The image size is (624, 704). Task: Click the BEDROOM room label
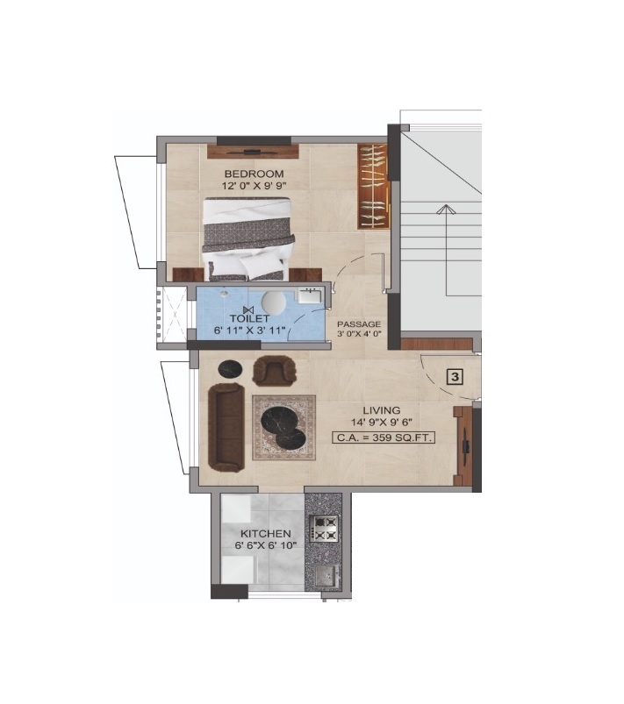(254, 174)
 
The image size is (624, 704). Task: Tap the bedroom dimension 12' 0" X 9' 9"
(254, 186)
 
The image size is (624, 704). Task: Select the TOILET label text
(249, 319)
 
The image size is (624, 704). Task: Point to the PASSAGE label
(359, 324)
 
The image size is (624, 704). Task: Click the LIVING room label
(382, 410)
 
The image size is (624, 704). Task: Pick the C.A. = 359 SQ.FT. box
(384, 437)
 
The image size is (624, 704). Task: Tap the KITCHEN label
(266, 534)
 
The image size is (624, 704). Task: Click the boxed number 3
(455, 377)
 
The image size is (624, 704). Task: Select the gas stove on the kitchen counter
(324, 528)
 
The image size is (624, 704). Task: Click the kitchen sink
(326, 576)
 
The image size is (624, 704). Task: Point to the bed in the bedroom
(247, 239)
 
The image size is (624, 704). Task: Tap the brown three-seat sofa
(226, 427)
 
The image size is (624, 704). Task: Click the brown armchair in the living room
(275, 370)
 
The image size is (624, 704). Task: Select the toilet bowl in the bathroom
(273, 302)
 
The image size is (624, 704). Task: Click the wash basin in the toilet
(309, 295)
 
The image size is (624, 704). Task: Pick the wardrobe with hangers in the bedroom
(373, 187)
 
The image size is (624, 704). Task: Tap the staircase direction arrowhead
(445, 209)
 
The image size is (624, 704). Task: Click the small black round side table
(230, 369)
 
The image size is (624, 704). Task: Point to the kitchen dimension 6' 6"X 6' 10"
(266, 546)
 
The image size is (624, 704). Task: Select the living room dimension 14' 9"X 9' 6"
(382, 422)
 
